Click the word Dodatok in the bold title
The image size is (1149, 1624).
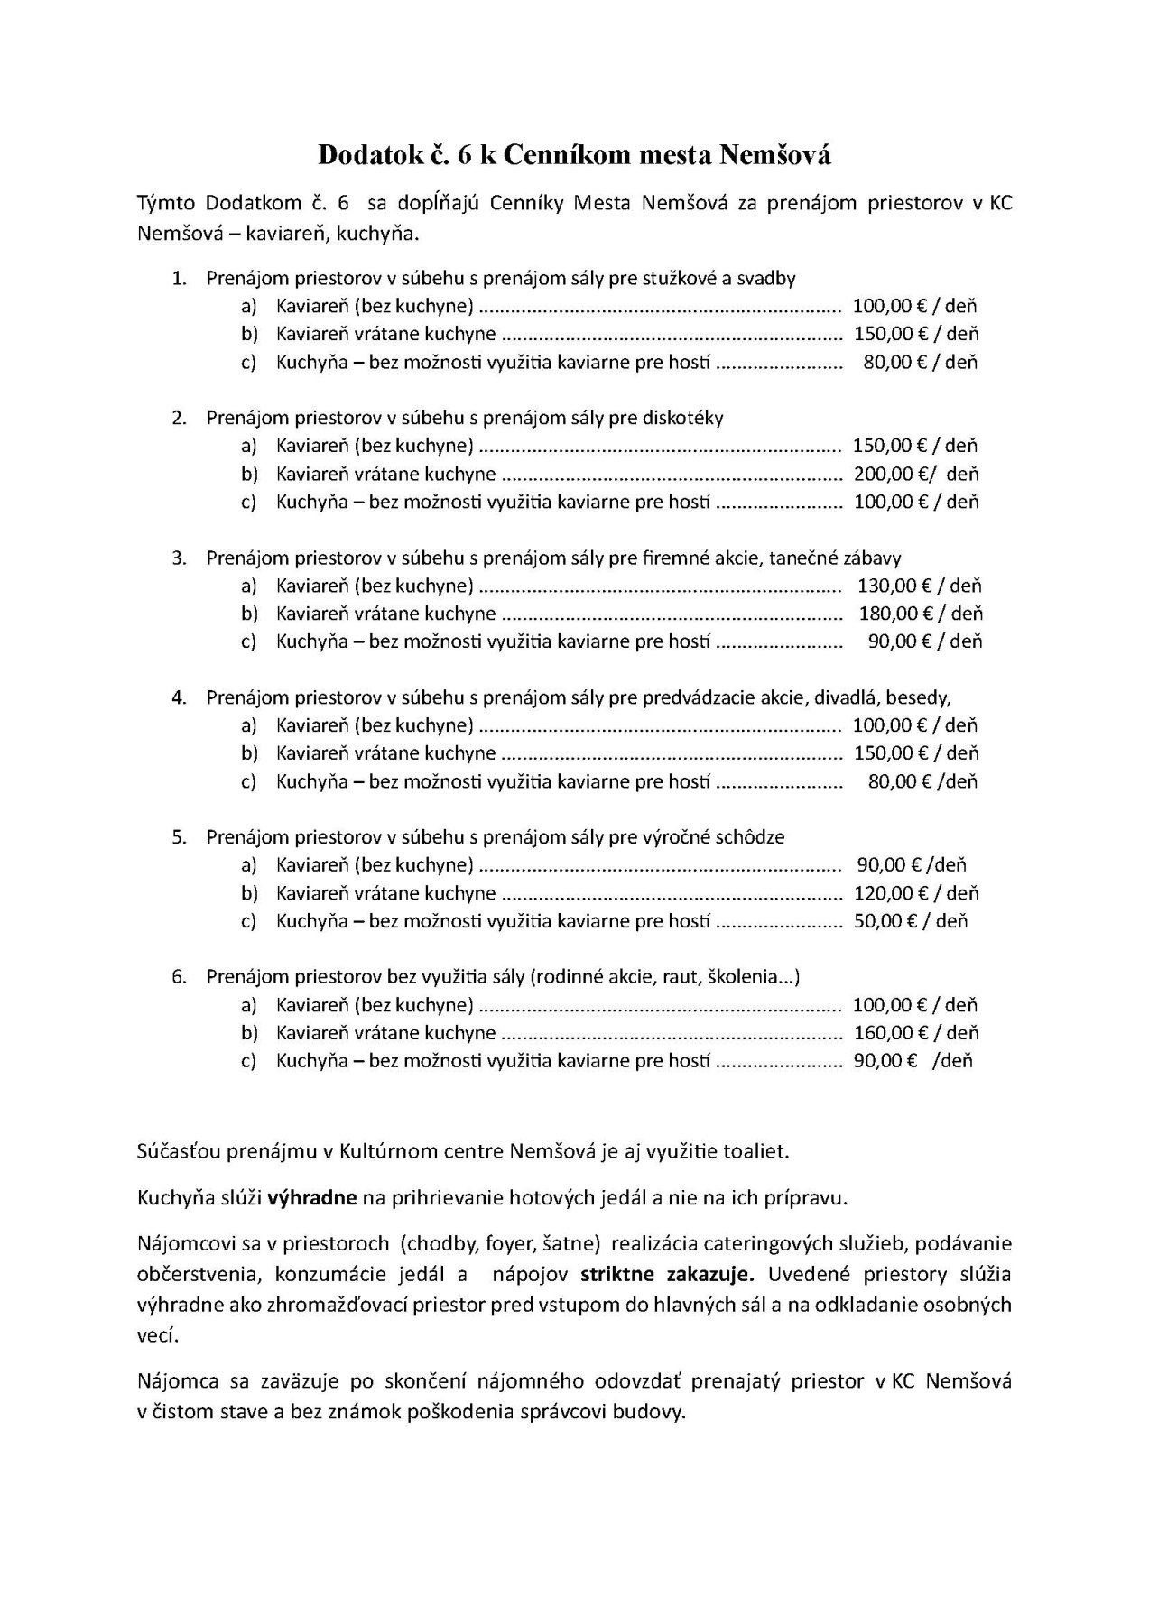pyautogui.click(x=367, y=156)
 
